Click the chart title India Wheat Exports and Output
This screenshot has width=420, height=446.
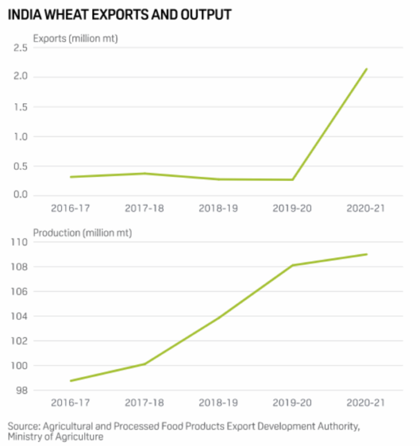pyautogui.click(x=120, y=14)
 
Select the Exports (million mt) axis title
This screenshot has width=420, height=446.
pyautogui.click(x=75, y=38)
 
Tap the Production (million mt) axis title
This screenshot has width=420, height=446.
pyautogui.click(x=82, y=233)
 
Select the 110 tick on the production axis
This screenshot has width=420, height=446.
pyautogui.click(x=21, y=242)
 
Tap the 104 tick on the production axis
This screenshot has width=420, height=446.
pyautogui.click(x=21, y=316)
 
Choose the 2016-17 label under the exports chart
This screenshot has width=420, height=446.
pyautogui.click(x=70, y=208)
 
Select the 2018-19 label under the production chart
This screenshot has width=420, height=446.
pyautogui.click(x=219, y=403)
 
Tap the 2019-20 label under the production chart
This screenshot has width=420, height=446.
pyautogui.click(x=293, y=403)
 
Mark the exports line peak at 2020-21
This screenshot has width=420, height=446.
pyautogui.click(x=367, y=69)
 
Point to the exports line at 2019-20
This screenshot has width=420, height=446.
pyautogui.click(x=293, y=180)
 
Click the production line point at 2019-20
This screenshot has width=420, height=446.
pyautogui.click(x=293, y=266)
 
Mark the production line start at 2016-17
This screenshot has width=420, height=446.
pyautogui.click(x=70, y=381)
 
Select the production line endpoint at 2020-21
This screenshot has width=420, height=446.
pyautogui.click(x=367, y=255)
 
